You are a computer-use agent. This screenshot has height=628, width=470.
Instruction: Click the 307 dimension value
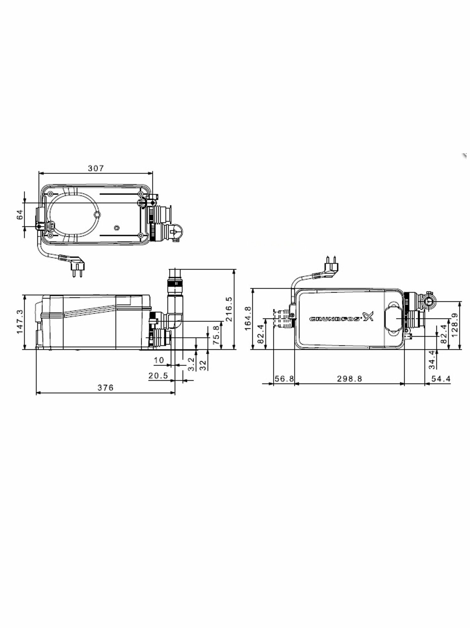pos(95,168)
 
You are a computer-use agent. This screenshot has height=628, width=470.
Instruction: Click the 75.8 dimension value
pos(216,335)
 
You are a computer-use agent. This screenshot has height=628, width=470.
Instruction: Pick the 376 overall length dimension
pos(105,388)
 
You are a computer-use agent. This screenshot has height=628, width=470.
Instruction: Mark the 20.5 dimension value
pos(158,376)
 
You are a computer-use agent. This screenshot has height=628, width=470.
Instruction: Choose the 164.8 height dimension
pos(248,318)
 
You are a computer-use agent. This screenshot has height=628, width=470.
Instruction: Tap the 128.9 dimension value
pos(454,325)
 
